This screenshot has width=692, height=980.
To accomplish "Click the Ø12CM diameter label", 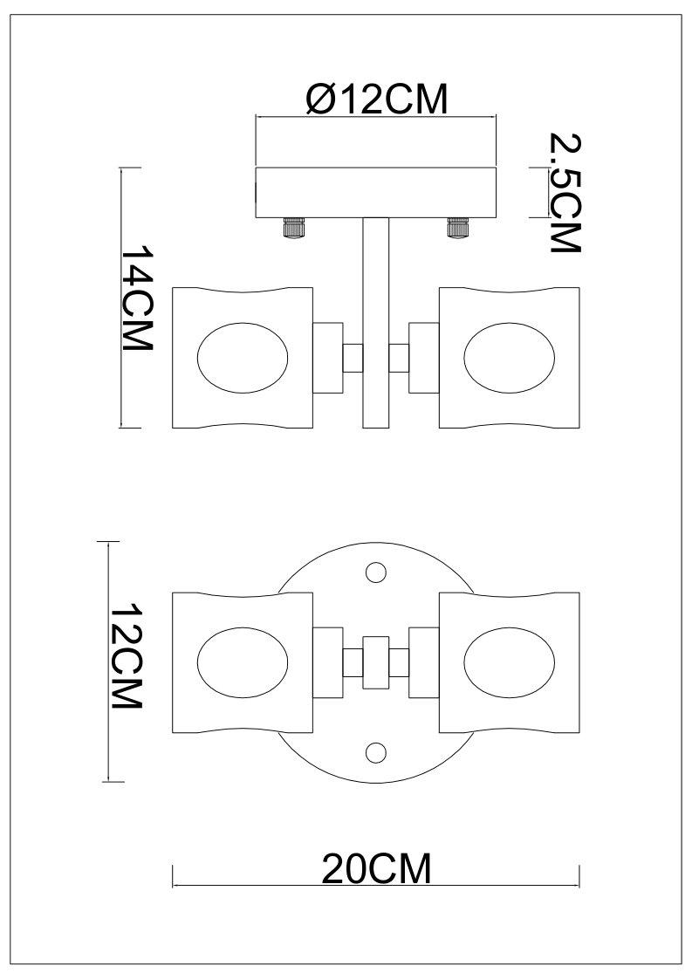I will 376,99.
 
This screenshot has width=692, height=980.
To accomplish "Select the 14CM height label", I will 137,297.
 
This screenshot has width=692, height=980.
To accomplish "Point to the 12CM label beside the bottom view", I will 126,657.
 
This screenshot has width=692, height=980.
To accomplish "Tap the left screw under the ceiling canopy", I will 293,228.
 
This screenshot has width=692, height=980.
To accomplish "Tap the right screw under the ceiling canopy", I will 457,228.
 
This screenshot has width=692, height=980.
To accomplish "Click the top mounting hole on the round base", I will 376,572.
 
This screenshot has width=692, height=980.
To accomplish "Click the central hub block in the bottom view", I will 376,661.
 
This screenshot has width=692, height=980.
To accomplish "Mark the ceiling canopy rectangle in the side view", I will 375,193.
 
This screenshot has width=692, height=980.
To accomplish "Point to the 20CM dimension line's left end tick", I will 174,875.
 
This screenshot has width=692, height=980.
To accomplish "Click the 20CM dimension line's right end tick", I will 579,875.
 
